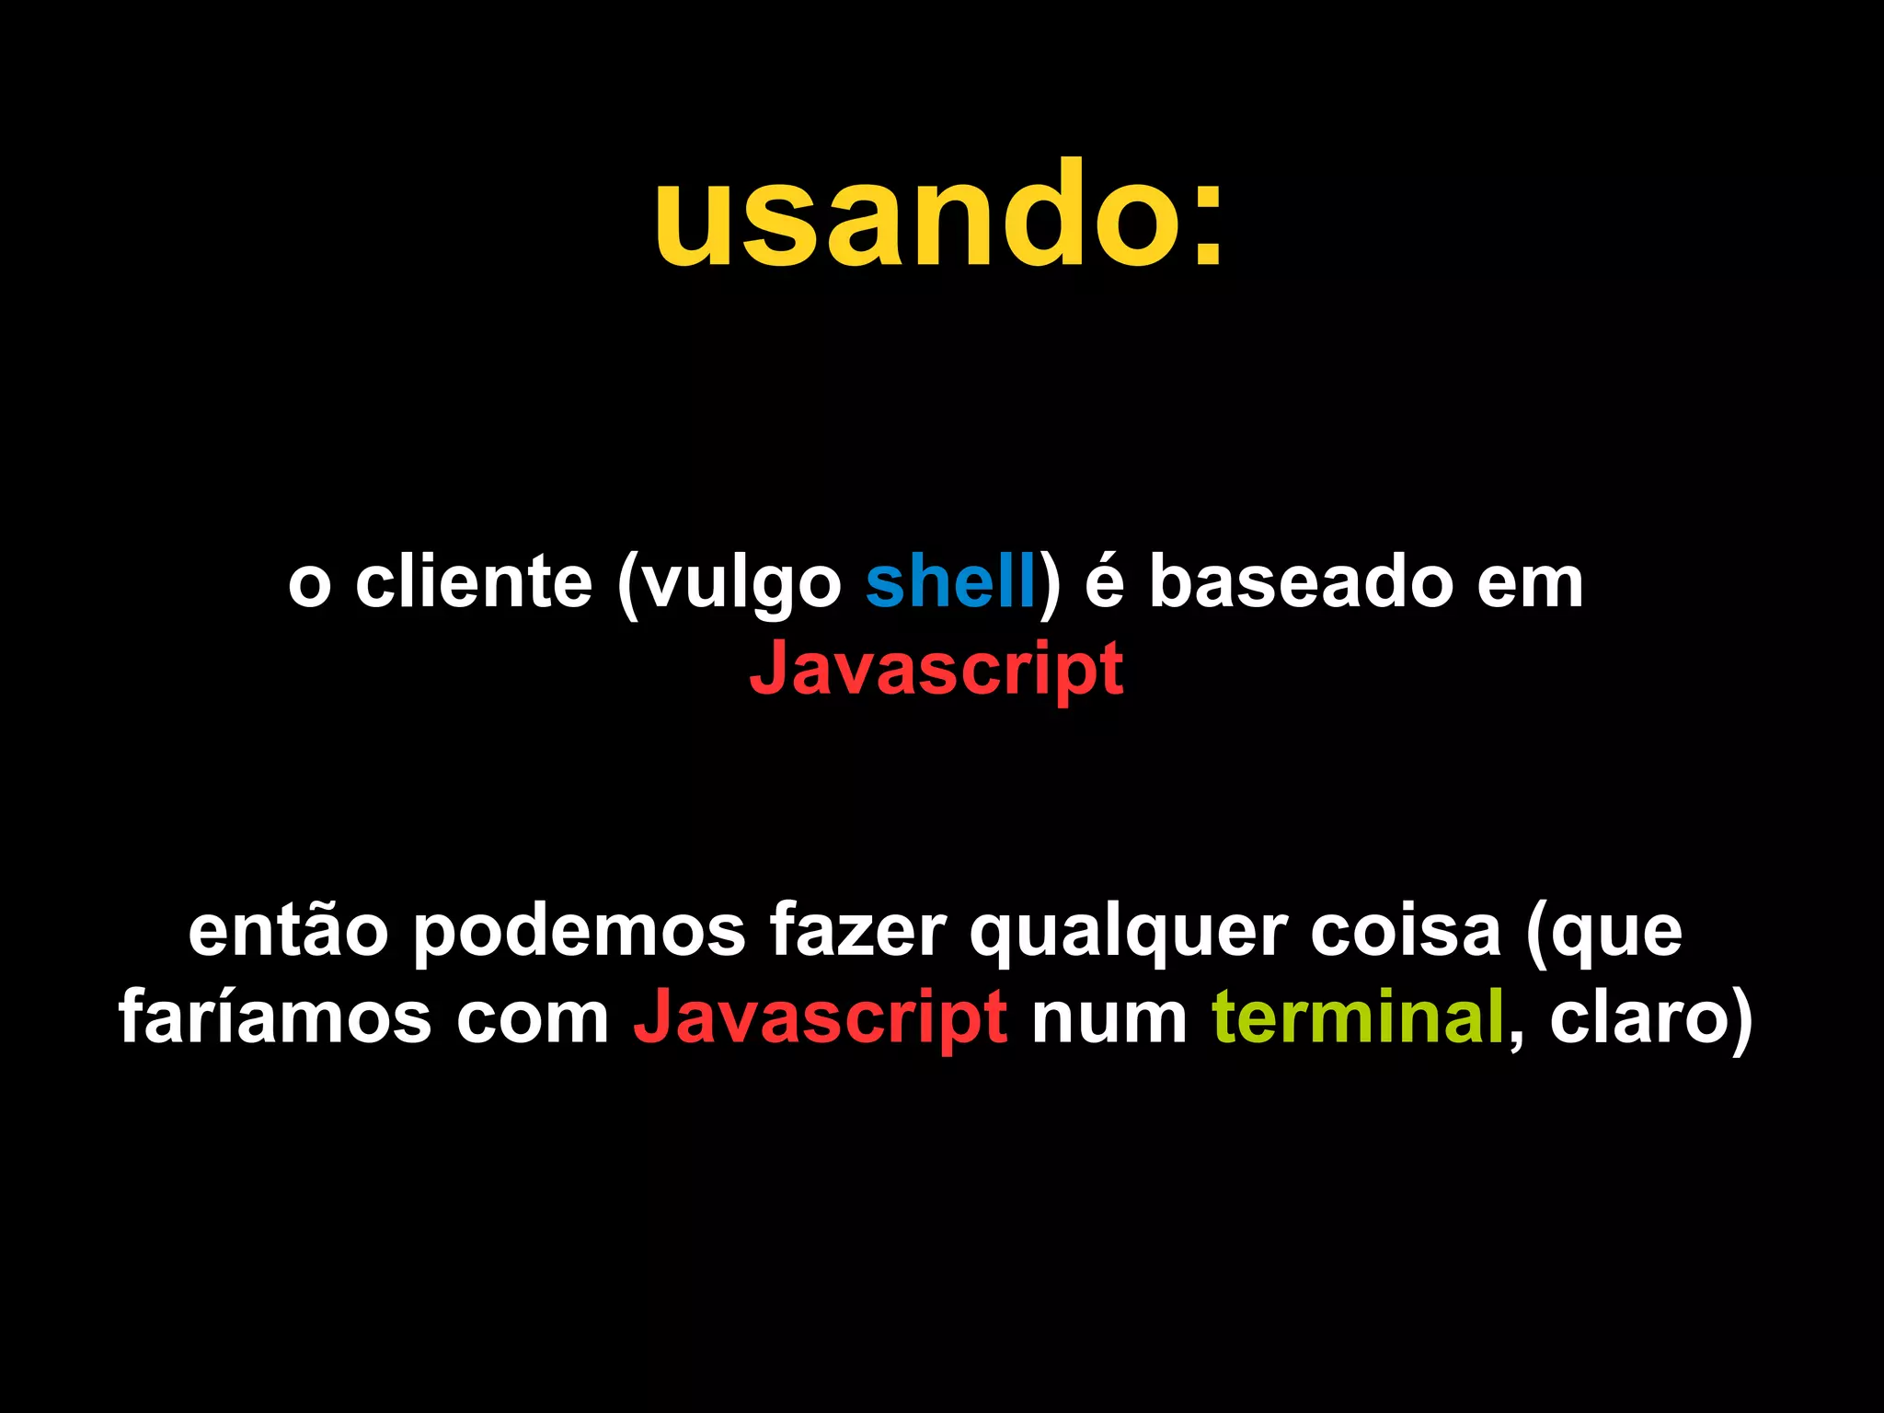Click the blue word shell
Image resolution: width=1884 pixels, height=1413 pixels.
pyautogui.click(x=951, y=582)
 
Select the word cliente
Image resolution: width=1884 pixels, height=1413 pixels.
pyautogui.click(x=474, y=582)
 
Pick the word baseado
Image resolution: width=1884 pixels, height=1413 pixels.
pyautogui.click(x=1301, y=582)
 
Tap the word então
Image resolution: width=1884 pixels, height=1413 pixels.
pyautogui.click(x=288, y=932)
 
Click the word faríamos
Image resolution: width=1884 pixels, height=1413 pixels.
pyautogui.click(x=275, y=1018)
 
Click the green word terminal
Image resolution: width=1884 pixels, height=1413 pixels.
pyautogui.click(x=1358, y=1018)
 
